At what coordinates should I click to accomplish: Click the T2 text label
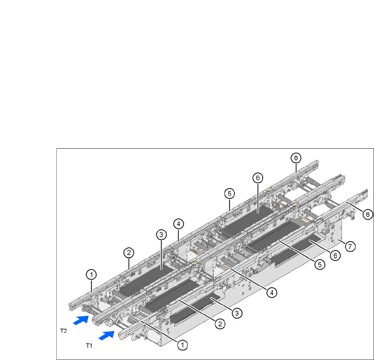pyautogui.click(x=63, y=331)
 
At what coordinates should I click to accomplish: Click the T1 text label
pyautogui.click(x=89, y=346)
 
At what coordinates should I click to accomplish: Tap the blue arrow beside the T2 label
pyautogui.click(x=81, y=320)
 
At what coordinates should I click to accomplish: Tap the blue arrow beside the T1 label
pyautogui.click(x=106, y=335)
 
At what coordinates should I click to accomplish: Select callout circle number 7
pyautogui.click(x=350, y=246)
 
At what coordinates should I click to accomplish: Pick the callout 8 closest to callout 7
pyautogui.click(x=368, y=214)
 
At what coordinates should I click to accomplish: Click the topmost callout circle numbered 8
pyautogui.click(x=296, y=158)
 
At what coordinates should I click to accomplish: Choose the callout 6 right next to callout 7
pyautogui.click(x=335, y=255)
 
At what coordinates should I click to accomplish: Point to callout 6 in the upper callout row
pyautogui.click(x=258, y=178)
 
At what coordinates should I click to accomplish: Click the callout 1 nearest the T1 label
pyautogui.click(x=183, y=345)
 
